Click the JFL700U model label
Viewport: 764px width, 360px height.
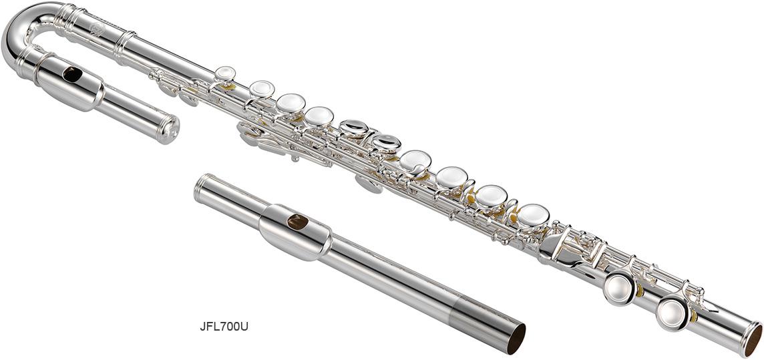pos(224,327)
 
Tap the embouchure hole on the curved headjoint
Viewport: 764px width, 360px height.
pos(72,75)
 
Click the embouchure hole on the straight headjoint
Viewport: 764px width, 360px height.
pos(297,222)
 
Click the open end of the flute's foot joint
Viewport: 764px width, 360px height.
pos(752,340)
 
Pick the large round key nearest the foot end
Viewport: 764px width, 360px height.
pos(673,314)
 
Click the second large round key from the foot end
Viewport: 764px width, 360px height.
pos(619,289)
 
